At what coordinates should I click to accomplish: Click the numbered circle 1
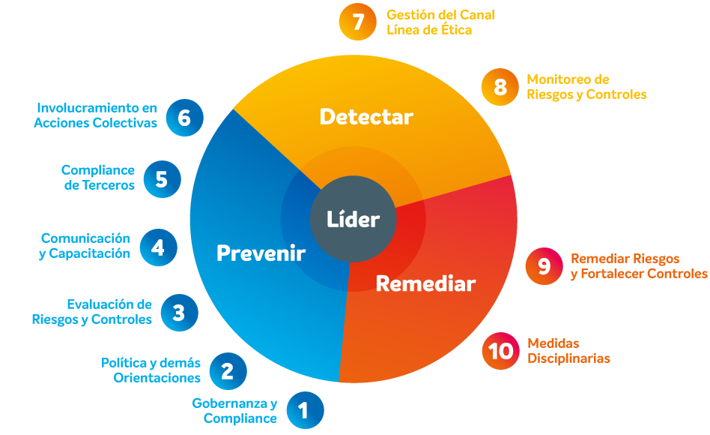[305, 410]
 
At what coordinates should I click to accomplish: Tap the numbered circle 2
[228, 371]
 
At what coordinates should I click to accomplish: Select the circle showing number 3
[179, 313]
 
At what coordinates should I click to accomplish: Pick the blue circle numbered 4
[158, 247]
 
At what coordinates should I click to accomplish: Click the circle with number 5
[162, 179]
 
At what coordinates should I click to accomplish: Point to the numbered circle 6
[185, 118]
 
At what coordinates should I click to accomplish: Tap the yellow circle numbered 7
[358, 22]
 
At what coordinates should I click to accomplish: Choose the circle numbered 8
[500, 87]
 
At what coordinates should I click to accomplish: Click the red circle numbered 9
[544, 266]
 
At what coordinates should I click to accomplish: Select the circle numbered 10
[500, 351]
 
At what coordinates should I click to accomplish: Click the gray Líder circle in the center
[354, 219]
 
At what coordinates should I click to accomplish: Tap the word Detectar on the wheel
[366, 116]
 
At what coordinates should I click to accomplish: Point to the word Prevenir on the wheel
[261, 253]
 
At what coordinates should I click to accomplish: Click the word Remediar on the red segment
[425, 284]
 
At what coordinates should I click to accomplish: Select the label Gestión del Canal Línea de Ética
[440, 22]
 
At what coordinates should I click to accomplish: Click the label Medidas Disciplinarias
[568, 351]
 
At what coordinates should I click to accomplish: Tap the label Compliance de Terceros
[98, 177]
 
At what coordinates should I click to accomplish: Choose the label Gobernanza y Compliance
[234, 410]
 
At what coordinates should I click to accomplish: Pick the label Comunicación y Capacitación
[85, 246]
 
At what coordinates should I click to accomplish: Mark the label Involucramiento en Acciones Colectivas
[96, 115]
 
